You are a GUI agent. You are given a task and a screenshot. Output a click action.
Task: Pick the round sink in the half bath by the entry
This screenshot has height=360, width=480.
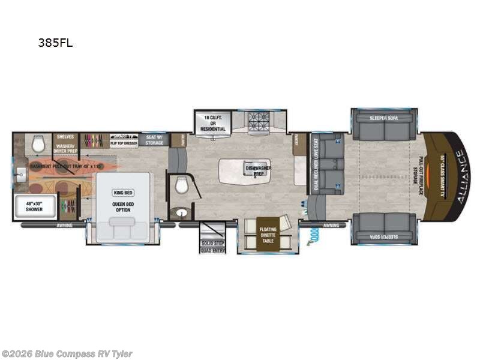[x=179, y=212]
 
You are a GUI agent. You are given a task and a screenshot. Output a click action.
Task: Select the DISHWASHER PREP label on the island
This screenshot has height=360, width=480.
[x=258, y=170]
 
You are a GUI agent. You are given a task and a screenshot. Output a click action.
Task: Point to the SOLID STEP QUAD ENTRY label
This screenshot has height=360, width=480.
[x=212, y=246]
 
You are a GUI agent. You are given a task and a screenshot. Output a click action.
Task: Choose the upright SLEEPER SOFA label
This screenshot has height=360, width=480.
[x=383, y=118]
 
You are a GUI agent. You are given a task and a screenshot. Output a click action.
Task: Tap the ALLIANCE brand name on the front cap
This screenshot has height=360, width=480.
[x=460, y=177]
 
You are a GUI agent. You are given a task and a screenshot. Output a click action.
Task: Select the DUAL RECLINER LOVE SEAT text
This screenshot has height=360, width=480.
[x=316, y=165]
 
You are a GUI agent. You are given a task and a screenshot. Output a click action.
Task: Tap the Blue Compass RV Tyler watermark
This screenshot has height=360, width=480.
[x=67, y=354]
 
